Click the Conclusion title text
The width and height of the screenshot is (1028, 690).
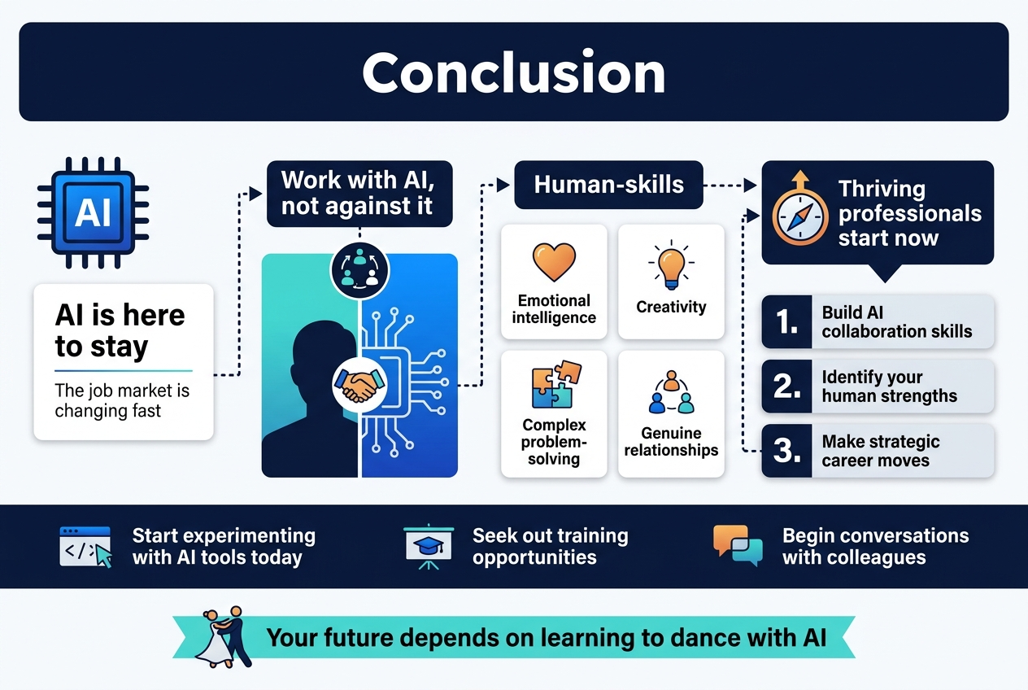pos(513,73)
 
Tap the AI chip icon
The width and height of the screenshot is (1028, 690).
pos(92,212)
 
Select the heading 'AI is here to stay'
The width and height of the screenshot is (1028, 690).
pos(120,330)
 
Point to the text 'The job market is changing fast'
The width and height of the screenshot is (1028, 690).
pos(122,400)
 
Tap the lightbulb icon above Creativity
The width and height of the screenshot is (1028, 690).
pos(671,264)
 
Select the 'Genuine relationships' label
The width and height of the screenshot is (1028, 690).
pos(671,441)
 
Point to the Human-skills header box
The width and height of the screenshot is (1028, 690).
pos(608,185)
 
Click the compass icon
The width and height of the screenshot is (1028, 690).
pos(800,214)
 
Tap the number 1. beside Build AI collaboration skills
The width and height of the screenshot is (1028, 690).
pos(787,322)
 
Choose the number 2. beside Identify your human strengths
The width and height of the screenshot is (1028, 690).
pos(787,386)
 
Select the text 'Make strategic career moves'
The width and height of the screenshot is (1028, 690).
pos(880,451)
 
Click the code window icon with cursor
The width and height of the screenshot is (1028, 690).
pos(85,546)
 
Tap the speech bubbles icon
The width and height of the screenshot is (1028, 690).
pos(738,545)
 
